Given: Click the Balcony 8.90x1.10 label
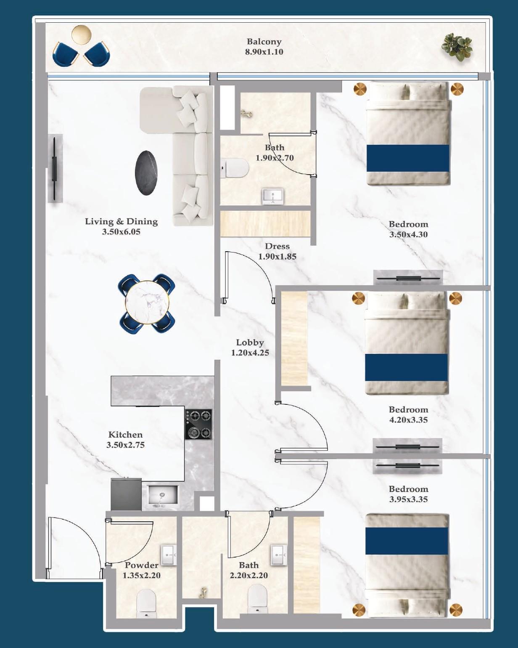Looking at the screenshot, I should pyautogui.click(x=264, y=47).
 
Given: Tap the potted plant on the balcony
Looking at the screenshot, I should pyautogui.click(x=456, y=46).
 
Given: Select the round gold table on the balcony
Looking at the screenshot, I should pyautogui.click(x=81, y=35).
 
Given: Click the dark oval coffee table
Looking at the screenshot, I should pyautogui.click(x=146, y=173).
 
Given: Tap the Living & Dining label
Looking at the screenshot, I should pyautogui.click(x=121, y=226).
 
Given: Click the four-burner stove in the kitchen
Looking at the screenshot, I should pyautogui.click(x=198, y=424).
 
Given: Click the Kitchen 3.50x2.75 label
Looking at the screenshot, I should pyautogui.click(x=125, y=440).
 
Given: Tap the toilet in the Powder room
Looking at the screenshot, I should pyautogui.click(x=146, y=603).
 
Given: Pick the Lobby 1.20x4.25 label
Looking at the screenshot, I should pyautogui.click(x=250, y=348).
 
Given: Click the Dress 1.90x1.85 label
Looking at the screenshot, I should pyautogui.click(x=277, y=251).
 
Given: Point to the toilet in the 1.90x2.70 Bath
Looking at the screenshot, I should pyautogui.click(x=235, y=169).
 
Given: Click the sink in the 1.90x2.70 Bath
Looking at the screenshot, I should pyautogui.click(x=273, y=196).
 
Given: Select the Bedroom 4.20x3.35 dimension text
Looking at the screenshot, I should pyautogui.click(x=408, y=420).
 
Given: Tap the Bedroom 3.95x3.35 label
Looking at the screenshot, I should pyautogui.click(x=408, y=494).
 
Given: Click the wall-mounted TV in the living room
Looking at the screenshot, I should pyautogui.click(x=55, y=168).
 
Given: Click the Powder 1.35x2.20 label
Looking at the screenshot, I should pyautogui.click(x=141, y=570).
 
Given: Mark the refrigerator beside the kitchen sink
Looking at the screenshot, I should pyautogui.click(x=126, y=494).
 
